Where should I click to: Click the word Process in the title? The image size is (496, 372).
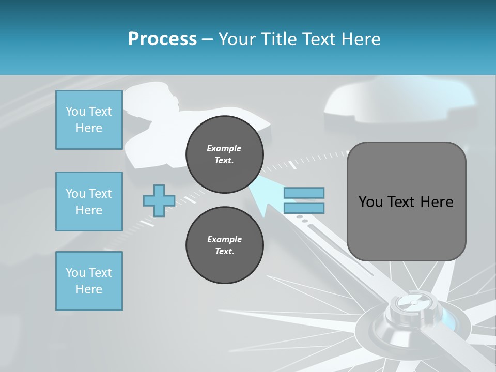162,39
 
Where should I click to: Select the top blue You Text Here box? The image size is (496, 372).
89,120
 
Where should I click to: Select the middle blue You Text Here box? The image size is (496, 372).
89,202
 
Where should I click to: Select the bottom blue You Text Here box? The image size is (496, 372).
89,281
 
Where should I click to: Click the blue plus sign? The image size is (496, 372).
159,200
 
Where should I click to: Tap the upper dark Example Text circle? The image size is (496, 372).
224,154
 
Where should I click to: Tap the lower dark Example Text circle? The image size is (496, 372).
224,245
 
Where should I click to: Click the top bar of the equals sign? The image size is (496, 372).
304,193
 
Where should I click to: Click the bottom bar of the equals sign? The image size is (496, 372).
304,208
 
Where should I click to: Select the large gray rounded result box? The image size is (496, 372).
406,202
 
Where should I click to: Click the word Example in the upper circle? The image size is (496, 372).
224,148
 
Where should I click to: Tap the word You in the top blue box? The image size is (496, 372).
75,112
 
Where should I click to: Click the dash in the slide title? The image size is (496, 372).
208,39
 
